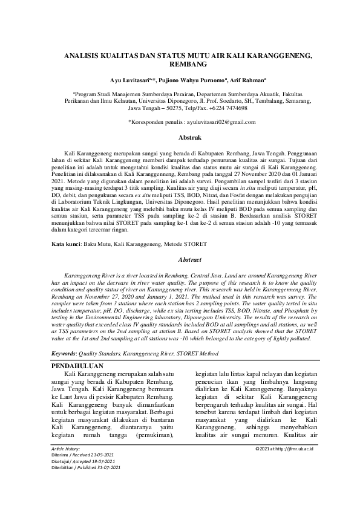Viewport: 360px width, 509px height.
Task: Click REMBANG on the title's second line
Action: tap(180, 63)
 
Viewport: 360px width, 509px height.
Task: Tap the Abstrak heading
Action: tap(180, 138)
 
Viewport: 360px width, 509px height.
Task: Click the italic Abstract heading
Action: tap(180, 259)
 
